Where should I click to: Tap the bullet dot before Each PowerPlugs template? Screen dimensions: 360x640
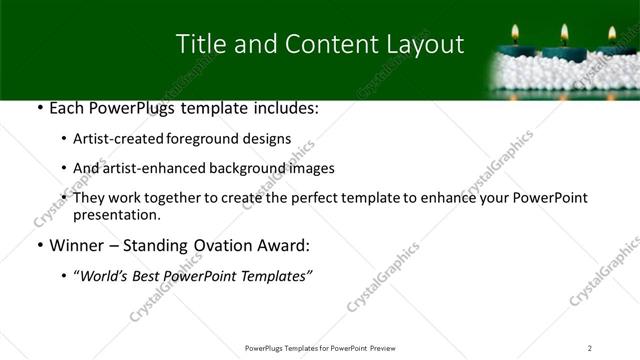point(38,107)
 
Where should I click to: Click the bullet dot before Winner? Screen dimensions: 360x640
point(38,245)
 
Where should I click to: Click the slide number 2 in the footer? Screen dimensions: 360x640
point(590,347)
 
